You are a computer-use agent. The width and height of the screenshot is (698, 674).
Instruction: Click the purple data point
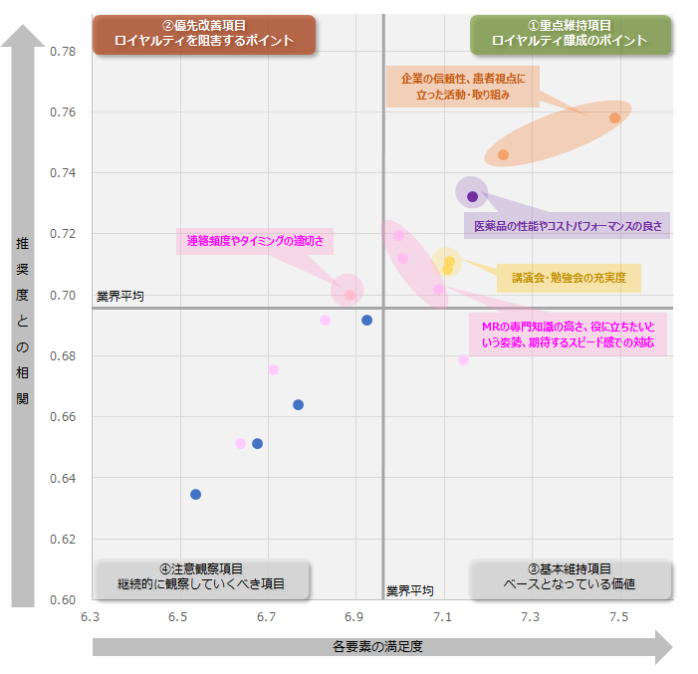click(472, 196)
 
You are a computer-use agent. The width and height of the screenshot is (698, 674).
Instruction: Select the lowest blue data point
click(196, 494)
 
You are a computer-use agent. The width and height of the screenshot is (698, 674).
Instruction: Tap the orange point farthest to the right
click(615, 117)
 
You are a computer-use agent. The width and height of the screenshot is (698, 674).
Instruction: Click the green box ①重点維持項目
click(570, 34)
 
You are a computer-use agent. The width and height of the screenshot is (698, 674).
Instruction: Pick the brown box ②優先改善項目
click(204, 34)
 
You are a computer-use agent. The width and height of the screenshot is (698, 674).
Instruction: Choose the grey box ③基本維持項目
click(570, 576)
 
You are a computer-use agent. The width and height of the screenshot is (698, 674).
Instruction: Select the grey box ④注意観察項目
click(201, 576)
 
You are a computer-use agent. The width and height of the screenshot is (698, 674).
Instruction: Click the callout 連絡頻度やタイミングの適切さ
click(255, 241)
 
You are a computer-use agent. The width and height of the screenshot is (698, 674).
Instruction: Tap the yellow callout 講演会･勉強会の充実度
click(569, 278)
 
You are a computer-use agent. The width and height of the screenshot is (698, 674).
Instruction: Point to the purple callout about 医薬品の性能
click(567, 226)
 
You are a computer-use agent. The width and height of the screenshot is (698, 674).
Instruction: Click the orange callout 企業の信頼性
click(462, 87)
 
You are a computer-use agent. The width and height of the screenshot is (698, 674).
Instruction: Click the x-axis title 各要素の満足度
click(378, 646)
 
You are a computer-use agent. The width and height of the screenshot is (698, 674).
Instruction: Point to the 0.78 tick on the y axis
click(63, 51)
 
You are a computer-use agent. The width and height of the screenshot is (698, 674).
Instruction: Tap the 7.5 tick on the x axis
click(618, 617)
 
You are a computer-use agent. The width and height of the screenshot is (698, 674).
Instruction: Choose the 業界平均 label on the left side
click(119, 297)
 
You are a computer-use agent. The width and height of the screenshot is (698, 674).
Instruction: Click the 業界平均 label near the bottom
click(410, 590)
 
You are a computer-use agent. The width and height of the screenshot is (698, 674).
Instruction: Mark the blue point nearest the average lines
click(366, 320)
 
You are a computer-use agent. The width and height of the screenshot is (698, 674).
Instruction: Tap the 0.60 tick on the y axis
click(63, 599)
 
